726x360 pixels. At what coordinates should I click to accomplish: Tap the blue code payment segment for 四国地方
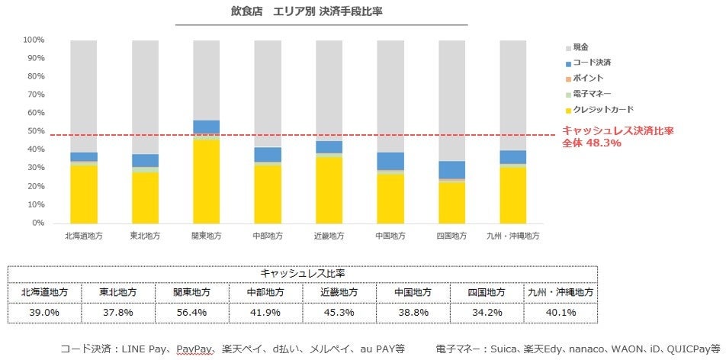(451, 170)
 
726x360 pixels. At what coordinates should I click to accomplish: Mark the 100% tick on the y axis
(34, 40)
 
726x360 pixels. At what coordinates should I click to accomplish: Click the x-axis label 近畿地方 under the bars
(329, 236)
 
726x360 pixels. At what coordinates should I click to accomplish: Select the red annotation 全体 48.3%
(591, 143)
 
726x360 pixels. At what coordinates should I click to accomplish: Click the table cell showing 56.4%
(191, 313)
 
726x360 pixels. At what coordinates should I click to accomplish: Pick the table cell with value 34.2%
(486, 313)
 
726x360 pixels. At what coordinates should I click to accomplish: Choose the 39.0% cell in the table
(44, 313)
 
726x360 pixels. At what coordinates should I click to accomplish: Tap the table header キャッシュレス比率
(302, 273)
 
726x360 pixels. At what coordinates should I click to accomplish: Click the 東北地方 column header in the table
(118, 292)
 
